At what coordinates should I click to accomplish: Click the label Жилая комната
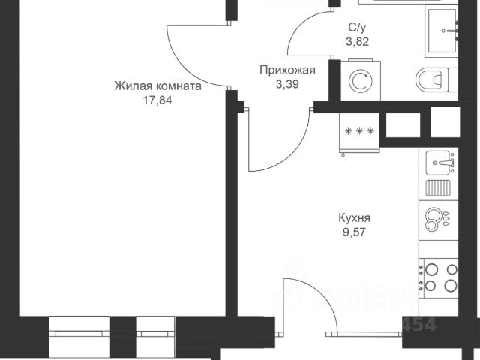[x=157, y=86]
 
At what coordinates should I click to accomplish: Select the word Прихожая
[x=286, y=70]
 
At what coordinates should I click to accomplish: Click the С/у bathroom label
[x=356, y=28]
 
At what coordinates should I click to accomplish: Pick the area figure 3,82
[x=356, y=41]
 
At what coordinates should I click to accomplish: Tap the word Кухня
[x=355, y=218]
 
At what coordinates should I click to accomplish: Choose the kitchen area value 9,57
[x=355, y=232]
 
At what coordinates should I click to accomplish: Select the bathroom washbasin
[x=448, y=30]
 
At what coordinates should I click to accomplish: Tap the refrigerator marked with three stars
[x=359, y=133]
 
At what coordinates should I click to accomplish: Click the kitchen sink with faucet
[x=440, y=160]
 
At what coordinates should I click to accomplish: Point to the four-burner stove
[x=440, y=276]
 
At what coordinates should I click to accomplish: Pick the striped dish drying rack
[x=437, y=187]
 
